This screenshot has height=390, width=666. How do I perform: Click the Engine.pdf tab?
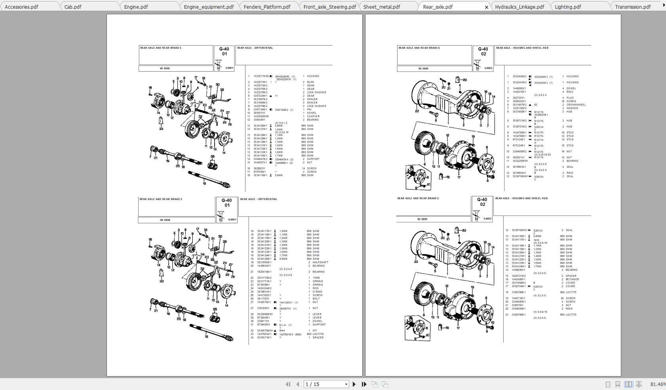point(136,7)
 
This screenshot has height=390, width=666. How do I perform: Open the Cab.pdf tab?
point(73,7)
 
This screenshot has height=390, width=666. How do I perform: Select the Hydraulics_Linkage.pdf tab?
point(519,7)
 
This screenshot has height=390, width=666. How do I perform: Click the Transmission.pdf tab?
point(633,7)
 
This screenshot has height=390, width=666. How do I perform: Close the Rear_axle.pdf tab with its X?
point(487,7)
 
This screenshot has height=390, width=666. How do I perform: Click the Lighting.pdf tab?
point(568,7)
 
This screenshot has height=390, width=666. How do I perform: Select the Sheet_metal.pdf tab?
point(382,7)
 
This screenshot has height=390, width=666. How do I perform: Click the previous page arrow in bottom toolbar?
point(298,384)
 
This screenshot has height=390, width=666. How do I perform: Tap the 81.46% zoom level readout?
point(657,384)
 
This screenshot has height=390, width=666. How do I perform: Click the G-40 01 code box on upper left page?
point(225,52)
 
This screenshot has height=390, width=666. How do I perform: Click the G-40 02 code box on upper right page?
point(483,51)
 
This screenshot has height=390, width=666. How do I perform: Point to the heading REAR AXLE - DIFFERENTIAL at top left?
point(255,48)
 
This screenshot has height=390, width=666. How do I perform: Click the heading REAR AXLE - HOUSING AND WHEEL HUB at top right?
point(522,48)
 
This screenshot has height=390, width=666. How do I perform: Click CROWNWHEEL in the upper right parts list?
point(576,105)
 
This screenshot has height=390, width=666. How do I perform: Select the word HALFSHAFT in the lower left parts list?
point(320,263)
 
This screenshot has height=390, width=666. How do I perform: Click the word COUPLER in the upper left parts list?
point(313,116)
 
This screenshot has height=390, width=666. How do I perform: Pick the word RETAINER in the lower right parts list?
point(572,280)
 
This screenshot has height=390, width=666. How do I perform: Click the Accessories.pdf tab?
point(21,7)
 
